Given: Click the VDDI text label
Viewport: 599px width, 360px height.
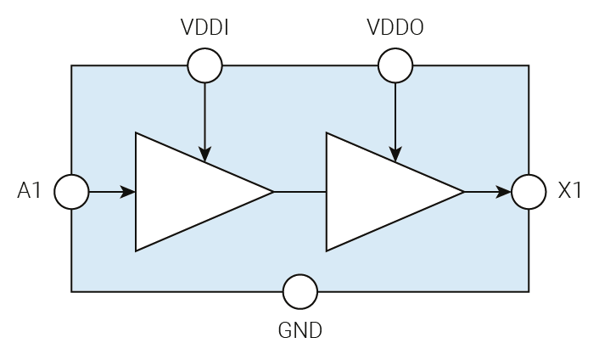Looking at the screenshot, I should pos(204,28).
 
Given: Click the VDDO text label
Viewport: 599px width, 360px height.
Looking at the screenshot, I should pos(395,28).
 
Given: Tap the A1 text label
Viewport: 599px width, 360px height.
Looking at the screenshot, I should pos(30,192).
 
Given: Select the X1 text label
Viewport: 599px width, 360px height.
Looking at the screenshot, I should pos(570,192).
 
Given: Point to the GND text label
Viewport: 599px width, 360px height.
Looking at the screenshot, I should pos(300,330).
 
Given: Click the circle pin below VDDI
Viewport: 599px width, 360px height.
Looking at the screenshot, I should pos(204,65).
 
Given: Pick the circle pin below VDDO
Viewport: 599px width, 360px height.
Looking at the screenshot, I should pos(395,65).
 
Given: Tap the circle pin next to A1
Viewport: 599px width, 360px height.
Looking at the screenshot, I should pos(71,192).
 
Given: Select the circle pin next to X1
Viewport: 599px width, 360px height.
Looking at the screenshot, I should pos(529,192).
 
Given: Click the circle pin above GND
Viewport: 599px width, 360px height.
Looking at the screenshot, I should pos(300,292).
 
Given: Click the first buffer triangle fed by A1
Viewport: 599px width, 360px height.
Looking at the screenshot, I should pos(187,192).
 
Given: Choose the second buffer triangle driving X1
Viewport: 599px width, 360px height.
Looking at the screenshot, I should pos(378,192).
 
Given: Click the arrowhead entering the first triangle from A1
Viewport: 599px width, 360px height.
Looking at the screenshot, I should pos(128,192).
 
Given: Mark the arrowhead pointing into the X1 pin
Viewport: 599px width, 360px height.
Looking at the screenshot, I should pos(504,192).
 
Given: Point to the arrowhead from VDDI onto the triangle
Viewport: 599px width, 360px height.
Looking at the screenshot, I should pos(204,155).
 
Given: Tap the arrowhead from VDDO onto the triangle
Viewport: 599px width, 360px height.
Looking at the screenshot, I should pos(395,155).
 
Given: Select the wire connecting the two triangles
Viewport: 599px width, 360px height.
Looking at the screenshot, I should pos(299,192).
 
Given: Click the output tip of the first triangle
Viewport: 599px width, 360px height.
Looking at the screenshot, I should pos(272,192).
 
